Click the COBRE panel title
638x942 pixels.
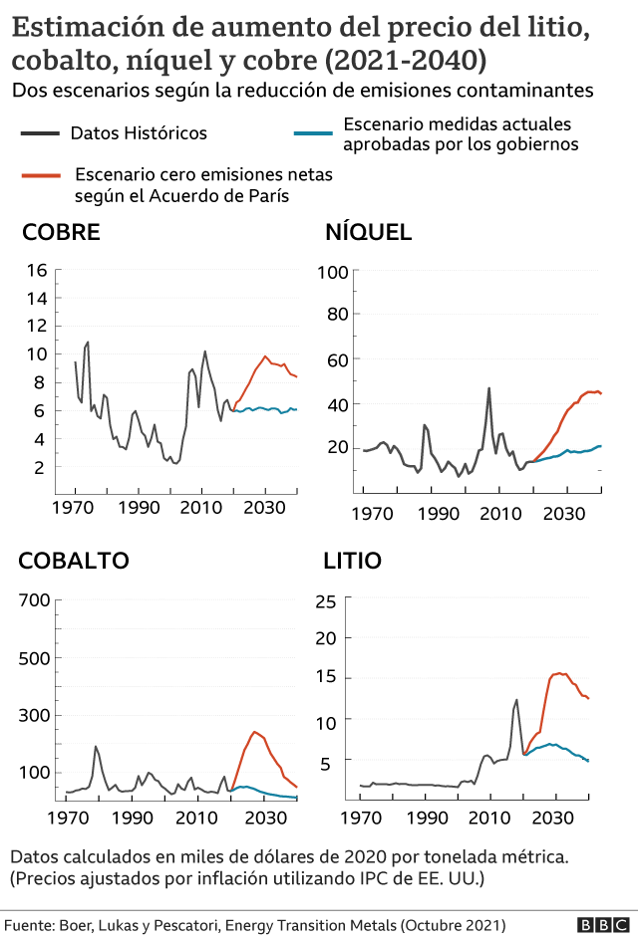pos(61,233)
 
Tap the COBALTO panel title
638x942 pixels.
pos(73,561)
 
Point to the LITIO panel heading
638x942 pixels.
pos(352,561)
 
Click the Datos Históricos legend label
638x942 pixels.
pos(139,132)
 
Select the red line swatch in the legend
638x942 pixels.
pos(41,175)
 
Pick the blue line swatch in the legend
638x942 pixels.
pos(312,132)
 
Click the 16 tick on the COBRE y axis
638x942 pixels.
pos(38,270)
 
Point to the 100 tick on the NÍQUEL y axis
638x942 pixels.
pos(331,272)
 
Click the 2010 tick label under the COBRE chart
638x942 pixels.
pos(201,506)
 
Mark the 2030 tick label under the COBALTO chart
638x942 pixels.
pos(263,818)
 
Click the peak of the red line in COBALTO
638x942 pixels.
pos(255,732)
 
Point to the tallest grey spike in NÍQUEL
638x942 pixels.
pos(488,388)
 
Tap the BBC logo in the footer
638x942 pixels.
pos(600,925)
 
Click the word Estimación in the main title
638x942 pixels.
pos(83,29)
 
